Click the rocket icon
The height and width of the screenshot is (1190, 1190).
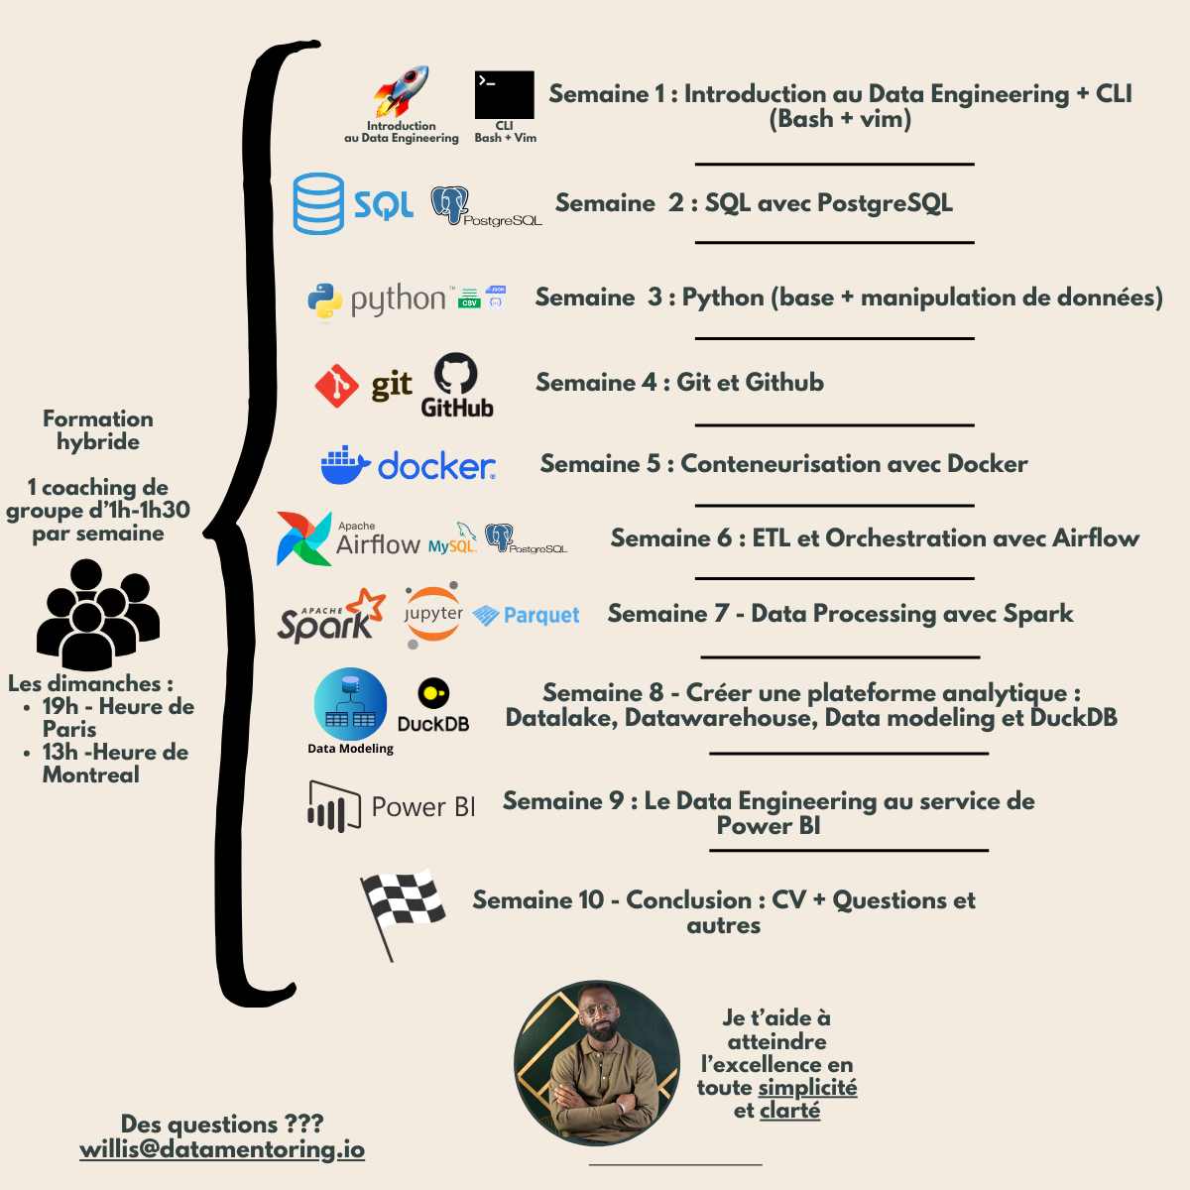click(x=401, y=92)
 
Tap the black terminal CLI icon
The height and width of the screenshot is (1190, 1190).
click(x=504, y=94)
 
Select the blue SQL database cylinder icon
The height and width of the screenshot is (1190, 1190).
click(x=318, y=204)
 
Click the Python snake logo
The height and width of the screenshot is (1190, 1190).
click(x=324, y=301)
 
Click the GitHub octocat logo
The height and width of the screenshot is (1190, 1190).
click(x=456, y=375)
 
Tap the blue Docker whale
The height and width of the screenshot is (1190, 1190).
click(x=344, y=465)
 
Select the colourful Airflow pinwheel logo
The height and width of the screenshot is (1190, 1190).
click(x=303, y=538)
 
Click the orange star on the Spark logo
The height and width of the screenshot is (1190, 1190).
click(x=370, y=604)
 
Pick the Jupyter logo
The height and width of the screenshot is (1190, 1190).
click(x=433, y=616)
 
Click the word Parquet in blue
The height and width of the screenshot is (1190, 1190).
click(x=541, y=616)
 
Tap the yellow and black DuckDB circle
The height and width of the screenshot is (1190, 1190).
click(x=433, y=693)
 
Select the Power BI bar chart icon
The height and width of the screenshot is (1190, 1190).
click(x=333, y=806)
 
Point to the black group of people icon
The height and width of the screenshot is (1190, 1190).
click(x=97, y=614)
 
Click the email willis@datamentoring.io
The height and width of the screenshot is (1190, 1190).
click(x=222, y=1149)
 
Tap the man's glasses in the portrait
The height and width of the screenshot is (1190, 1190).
click(x=597, y=1011)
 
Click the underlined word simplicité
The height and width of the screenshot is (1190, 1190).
click(x=807, y=1088)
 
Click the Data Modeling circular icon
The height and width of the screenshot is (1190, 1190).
click(x=350, y=704)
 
